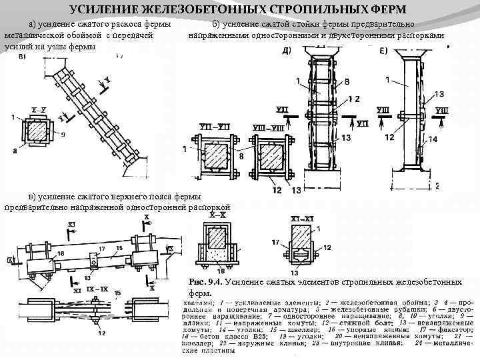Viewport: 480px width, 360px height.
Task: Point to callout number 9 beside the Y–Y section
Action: pos(61,135)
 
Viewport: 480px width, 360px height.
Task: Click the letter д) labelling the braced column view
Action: pos(286,51)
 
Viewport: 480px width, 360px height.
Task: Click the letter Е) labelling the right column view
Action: pos(383,51)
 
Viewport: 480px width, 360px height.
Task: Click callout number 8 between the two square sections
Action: pos(241,155)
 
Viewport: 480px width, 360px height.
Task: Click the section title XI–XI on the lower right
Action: pos(297,217)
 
